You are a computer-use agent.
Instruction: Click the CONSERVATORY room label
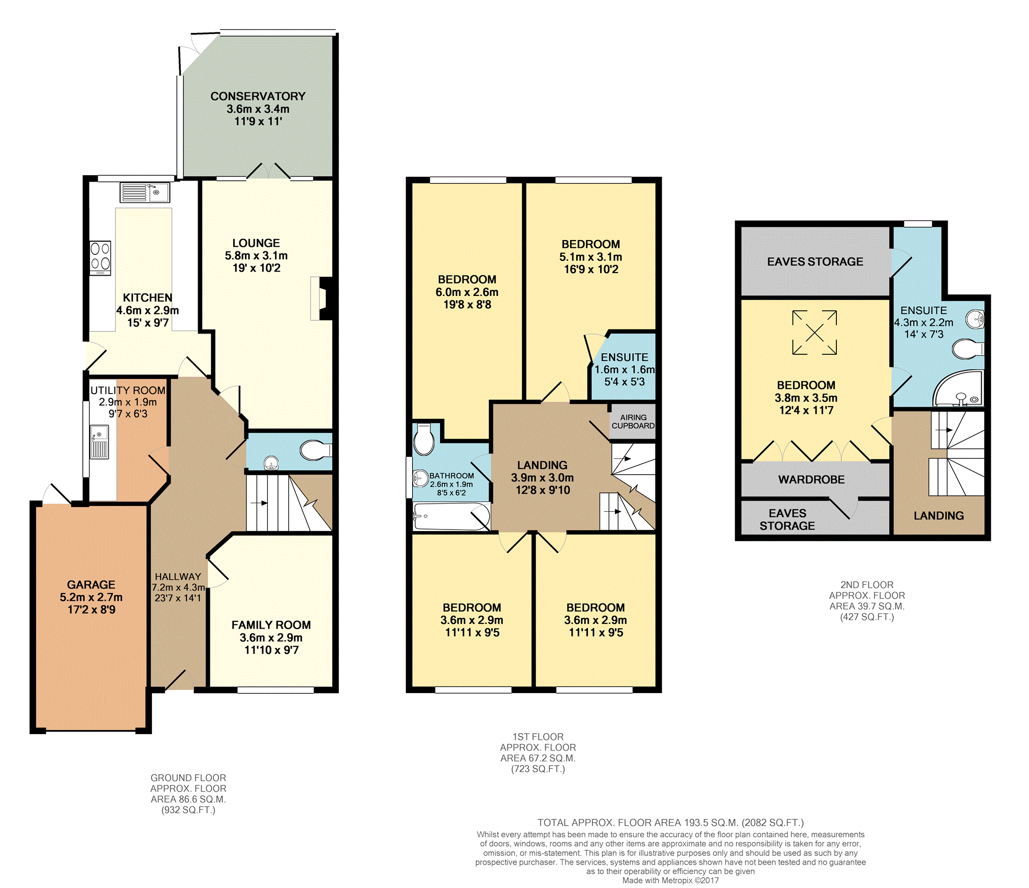tap(258, 96)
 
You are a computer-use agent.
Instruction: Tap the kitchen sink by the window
tap(145, 192)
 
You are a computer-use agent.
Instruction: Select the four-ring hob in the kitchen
tap(100, 257)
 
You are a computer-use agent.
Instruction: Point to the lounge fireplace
tap(322, 298)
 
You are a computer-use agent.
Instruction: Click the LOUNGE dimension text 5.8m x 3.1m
tap(256, 256)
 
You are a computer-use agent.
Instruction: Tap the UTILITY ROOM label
tap(128, 390)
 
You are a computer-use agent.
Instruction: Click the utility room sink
tap(99, 442)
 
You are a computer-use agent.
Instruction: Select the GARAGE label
tap(91, 585)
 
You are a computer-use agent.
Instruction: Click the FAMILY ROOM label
tap(271, 625)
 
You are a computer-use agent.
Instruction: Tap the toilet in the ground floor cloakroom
tap(316, 450)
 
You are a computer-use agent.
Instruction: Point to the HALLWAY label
tap(178, 577)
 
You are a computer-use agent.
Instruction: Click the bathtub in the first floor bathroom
tap(452, 516)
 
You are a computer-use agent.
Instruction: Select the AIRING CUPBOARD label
tap(633, 421)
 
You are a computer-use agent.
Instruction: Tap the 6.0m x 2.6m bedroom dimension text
tap(467, 292)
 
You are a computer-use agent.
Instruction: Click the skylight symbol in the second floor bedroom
tap(815, 333)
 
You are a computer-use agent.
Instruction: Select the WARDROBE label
tap(812, 480)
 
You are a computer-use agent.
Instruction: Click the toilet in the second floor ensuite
tap(968, 349)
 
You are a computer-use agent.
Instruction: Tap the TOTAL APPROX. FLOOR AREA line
tap(671, 823)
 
